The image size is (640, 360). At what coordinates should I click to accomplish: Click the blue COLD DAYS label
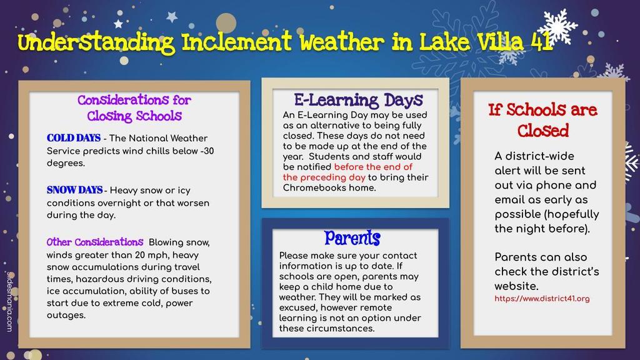[x=74, y=138]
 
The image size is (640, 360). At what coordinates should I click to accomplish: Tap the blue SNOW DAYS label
[x=75, y=190]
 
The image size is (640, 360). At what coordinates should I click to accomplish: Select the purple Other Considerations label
[x=95, y=242]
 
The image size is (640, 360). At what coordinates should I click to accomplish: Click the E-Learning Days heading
[x=358, y=100]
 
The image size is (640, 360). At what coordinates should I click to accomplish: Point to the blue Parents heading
[x=352, y=238]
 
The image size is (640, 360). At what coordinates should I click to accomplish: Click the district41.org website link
[x=542, y=298]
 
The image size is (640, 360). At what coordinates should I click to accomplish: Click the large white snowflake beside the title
[x=557, y=26]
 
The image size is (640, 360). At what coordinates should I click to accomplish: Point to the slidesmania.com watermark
[x=9, y=302]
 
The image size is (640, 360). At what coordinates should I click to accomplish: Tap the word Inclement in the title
[x=236, y=42]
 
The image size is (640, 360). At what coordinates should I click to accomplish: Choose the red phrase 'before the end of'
[x=373, y=167]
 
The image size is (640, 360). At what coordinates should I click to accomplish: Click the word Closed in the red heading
[x=543, y=131]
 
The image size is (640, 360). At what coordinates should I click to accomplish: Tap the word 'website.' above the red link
[x=516, y=286]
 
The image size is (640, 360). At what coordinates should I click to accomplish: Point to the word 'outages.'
[x=66, y=315]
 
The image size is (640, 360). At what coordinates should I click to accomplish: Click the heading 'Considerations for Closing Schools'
[x=134, y=107]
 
